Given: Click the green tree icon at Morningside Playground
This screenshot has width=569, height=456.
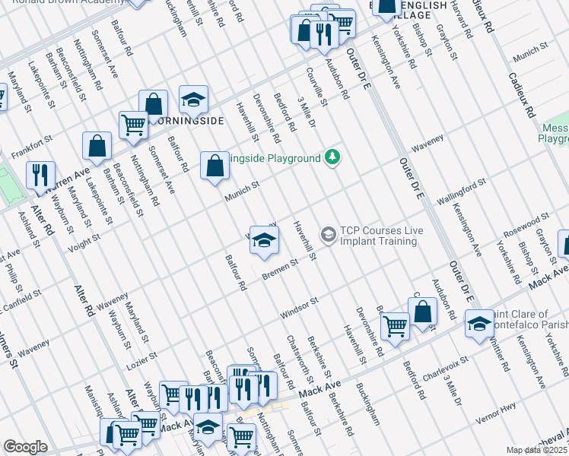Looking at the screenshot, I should coord(332,157).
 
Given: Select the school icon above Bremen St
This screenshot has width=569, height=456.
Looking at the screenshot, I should coord(264,241).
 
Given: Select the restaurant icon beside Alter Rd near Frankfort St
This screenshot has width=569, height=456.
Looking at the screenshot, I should coord(40,175).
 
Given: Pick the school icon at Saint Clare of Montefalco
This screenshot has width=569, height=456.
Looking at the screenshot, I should coord(478,324).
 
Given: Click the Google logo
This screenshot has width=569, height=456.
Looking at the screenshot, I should coord(25,446).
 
